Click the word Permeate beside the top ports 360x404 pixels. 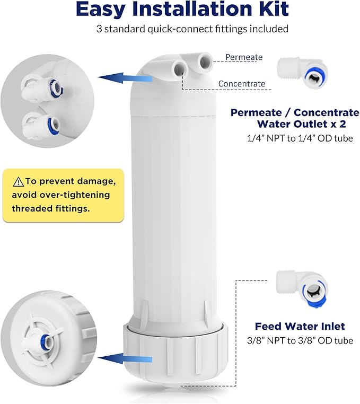[243, 57]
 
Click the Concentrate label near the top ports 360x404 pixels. [241, 83]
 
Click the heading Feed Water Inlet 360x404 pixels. [300, 326]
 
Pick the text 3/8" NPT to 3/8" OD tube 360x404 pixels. [300, 340]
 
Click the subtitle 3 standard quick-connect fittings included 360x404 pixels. [192, 29]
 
